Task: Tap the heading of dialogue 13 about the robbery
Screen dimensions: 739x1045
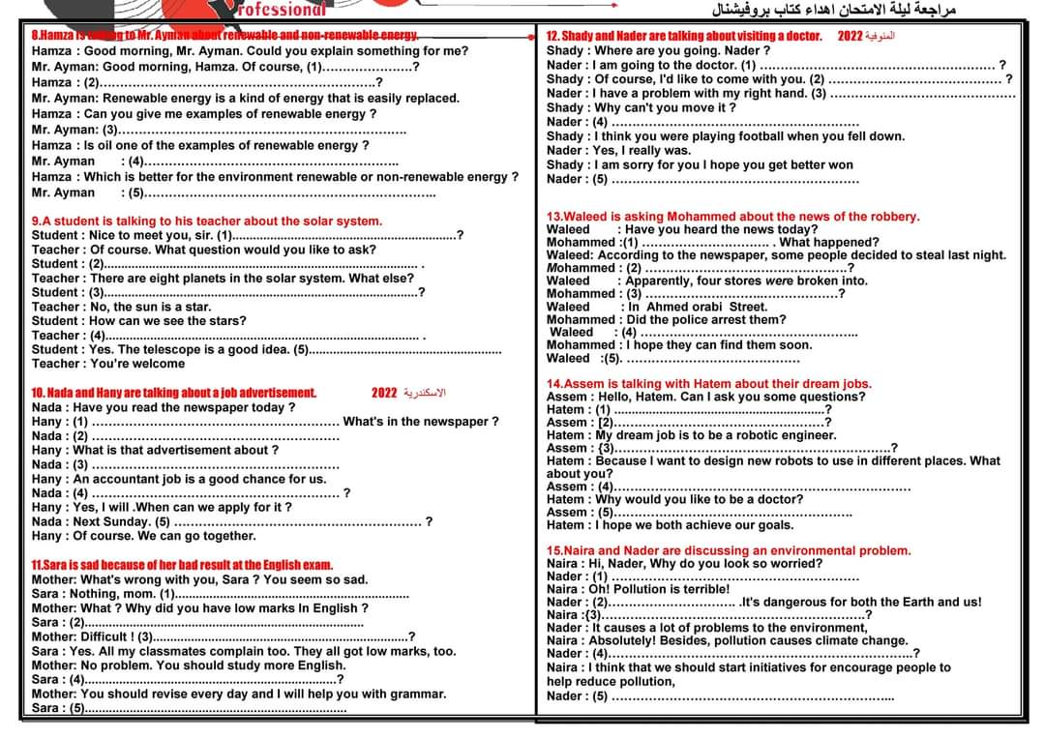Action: [x=733, y=217]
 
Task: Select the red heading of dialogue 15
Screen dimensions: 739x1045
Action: [x=729, y=550]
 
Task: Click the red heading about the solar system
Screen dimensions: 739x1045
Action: [x=207, y=222]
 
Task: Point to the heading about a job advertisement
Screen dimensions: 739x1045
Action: [x=174, y=393]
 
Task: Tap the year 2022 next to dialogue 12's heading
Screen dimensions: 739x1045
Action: [x=850, y=36]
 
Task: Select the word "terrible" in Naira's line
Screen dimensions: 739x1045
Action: [x=704, y=589]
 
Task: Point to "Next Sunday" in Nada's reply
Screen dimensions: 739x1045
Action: [x=118, y=521]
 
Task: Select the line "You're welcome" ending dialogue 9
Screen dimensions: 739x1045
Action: [x=137, y=364]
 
